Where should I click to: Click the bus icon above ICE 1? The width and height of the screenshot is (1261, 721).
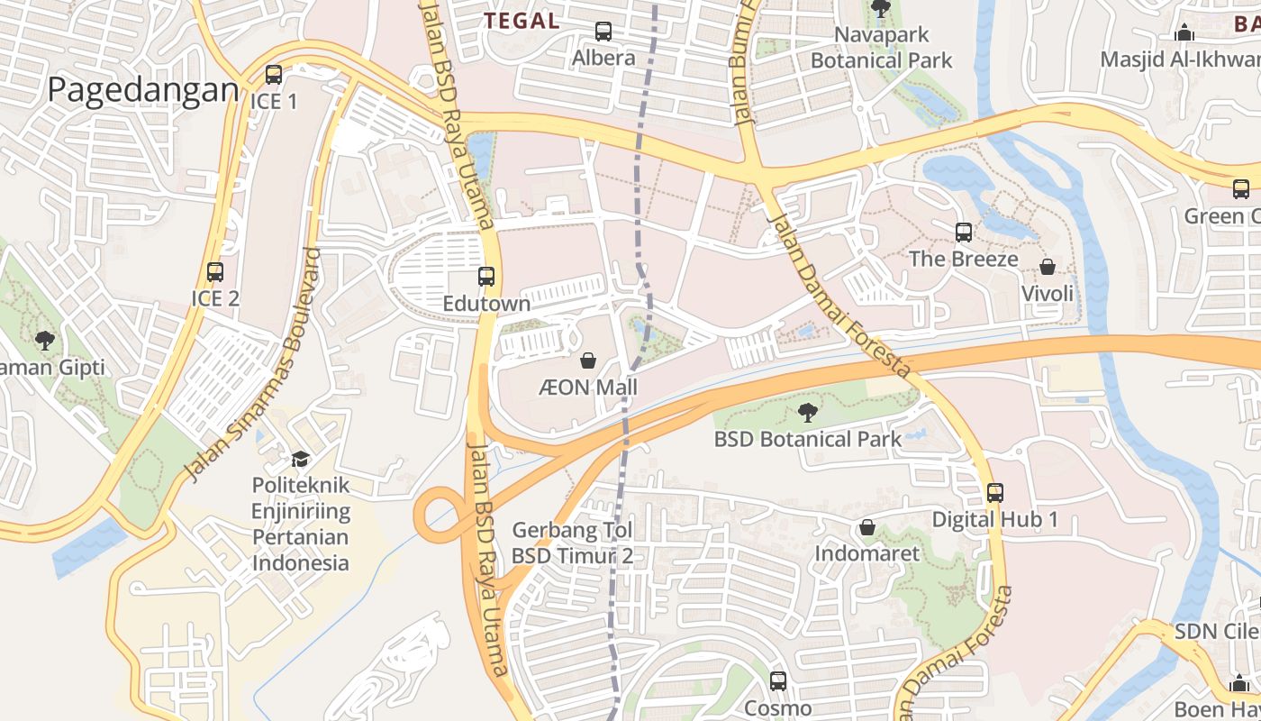point(274,75)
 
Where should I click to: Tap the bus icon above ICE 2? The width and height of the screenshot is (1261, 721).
point(215,271)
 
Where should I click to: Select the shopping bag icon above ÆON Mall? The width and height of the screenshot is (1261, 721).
point(588,361)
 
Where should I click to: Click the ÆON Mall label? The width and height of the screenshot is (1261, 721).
point(588,388)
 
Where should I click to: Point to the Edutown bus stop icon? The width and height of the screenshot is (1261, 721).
point(486,277)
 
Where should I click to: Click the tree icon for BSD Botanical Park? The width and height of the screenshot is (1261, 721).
point(808,413)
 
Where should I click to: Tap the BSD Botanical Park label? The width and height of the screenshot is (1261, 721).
point(807,439)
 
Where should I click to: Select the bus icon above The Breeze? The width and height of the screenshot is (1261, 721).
point(964,233)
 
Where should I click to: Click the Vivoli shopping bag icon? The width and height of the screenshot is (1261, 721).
point(1048,268)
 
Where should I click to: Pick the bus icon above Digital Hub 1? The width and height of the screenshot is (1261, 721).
point(995,493)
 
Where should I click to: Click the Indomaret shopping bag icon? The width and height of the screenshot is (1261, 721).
point(867,526)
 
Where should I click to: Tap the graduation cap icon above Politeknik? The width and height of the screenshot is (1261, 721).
point(300,459)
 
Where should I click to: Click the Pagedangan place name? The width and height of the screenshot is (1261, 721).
point(143,91)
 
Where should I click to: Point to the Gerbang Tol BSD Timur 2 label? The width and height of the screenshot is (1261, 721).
point(572,543)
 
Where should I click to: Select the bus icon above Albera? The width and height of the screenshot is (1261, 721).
point(603,32)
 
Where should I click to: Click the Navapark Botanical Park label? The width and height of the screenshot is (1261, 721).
point(881,48)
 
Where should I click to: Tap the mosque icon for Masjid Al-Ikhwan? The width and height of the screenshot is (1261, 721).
point(1184,33)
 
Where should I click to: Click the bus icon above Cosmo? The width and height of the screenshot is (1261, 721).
point(778,681)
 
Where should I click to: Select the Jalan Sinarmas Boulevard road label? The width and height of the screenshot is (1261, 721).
point(253,364)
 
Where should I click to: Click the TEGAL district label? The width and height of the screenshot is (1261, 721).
point(522,21)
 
